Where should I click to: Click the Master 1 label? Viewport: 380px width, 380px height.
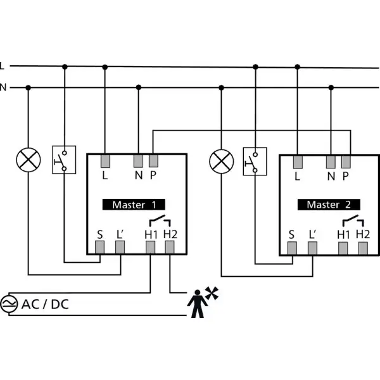(x=134, y=205)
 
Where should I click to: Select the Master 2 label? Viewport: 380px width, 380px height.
(x=329, y=205)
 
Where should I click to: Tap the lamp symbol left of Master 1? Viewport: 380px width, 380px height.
(x=28, y=160)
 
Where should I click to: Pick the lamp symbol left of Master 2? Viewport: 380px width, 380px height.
(x=222, y=161)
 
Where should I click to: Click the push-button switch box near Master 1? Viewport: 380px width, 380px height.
(x=64, y=160)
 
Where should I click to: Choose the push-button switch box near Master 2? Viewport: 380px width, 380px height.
(x=255, y=161)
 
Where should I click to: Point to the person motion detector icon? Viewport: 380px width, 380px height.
(x=198, y=303)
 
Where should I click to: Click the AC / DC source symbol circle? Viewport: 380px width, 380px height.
(x=9, y=304)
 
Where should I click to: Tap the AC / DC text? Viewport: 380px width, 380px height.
(x=45, y=304)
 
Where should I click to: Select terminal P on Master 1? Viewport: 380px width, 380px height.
(x=154, y=161)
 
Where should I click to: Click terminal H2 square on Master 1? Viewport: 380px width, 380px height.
(x=170, y=247)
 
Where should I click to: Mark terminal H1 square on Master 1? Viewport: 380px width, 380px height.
(x=150, y=247)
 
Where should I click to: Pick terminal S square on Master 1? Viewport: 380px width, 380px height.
(x=99, y=247)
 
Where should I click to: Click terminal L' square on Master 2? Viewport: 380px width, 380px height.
(x=312, y=248)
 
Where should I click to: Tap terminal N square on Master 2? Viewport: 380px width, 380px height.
(x=331, y=162)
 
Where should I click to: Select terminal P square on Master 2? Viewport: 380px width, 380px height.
(x=346, y=162)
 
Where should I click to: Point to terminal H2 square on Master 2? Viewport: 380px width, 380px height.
(x=363, y=248)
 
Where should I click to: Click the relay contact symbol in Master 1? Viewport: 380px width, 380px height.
(x=160, y=220)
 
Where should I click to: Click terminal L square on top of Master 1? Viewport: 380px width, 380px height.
(x=105, y=161)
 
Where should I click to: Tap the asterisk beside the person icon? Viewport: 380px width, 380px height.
(x=212, y=293)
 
